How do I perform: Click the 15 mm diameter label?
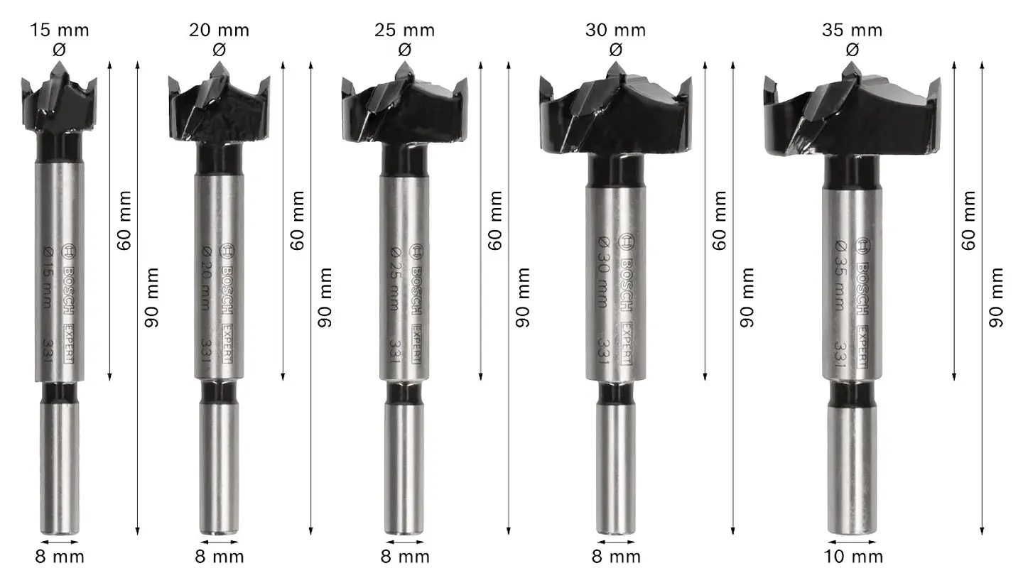[x=60, y=31]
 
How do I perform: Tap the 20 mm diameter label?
[x=220, y=31]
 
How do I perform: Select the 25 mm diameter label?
[x=405, y=31]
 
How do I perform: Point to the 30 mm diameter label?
[x=616, y=31]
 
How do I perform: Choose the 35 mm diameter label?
[x=852, y=31]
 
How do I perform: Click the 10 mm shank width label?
[x=853, y=557]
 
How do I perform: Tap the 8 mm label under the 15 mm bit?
[x=60, y=557]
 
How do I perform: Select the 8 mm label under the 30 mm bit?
[x=616, y=557]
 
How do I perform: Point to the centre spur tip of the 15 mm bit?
[x=58, y=62]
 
